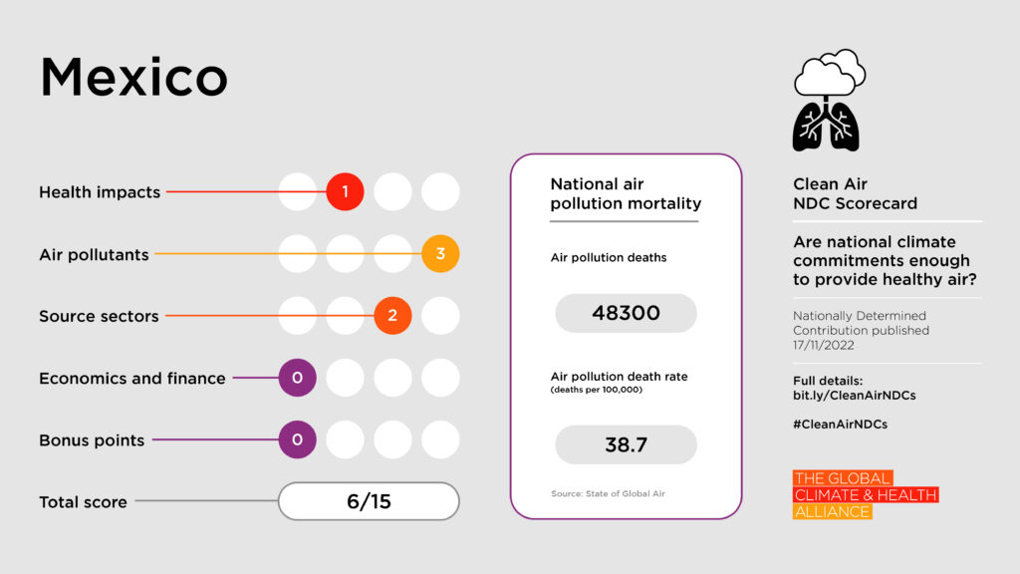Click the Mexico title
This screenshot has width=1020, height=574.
(133, 78)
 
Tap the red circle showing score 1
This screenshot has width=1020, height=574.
(345, 191)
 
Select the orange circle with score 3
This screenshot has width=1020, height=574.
(440, 254)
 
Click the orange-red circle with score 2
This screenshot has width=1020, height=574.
(392, 316)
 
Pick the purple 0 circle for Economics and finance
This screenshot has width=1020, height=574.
(297, 378)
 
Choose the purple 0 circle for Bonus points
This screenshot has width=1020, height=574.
(297, 439)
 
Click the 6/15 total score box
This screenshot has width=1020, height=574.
(369, 501)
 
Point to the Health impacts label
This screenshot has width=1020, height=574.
(100, 192)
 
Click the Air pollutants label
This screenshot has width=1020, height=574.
(94, 255)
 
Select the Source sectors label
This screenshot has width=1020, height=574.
(99, 317)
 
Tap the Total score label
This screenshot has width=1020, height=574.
(83, 502)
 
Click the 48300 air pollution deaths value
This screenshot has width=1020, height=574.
(626, 313)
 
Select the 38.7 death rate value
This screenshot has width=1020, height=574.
(626, 444)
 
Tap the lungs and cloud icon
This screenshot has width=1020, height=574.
(827, 101)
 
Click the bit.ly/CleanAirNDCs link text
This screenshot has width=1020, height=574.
(854, 396)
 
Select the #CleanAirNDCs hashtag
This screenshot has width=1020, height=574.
(840, 424)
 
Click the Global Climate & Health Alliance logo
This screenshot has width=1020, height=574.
(865, 495)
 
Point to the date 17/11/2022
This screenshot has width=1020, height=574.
(827, 346)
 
